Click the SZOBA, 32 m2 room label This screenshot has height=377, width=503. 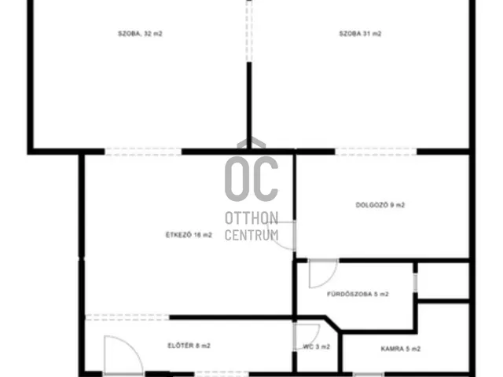coord(140,34)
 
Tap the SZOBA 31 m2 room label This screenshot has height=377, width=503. coord(360,34)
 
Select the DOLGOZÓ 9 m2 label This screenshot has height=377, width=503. coord(380,205)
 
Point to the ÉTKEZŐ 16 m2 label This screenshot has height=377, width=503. coord(189,235)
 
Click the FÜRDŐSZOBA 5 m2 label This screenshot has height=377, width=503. coord(358,294)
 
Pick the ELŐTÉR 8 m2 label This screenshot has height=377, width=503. coord(189,346)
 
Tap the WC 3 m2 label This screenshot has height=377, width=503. coord(316,347)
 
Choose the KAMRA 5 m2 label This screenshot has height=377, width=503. coord(401,349)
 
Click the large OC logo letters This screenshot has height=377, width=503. coord(251,178)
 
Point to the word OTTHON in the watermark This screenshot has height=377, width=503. coord(251,218)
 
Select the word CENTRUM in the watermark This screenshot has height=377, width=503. coord(251,235)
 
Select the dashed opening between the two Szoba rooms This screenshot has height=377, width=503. coord(249,31)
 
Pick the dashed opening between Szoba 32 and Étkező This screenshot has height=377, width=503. coord(143,152)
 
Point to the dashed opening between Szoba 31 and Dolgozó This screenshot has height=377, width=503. coord(376,152)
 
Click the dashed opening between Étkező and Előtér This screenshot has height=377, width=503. coord(127,317)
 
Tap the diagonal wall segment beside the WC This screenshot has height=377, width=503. coord(332,323)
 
